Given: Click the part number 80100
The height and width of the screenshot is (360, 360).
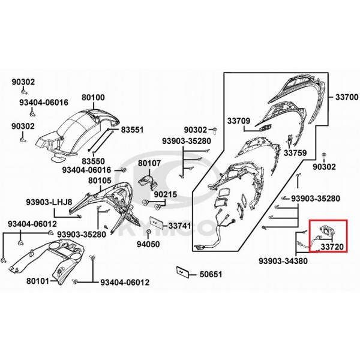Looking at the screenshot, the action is click(93, 97).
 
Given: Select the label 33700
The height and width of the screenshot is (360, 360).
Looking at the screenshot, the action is click(347, 97).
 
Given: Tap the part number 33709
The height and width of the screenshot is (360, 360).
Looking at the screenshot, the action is click(239, 121).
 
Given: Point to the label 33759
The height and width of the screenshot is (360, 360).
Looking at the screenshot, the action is click(295, 153).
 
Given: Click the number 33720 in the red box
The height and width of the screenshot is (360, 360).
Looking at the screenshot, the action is click(332, 247).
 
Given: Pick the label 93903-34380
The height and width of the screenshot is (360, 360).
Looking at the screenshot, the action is click(283, 261).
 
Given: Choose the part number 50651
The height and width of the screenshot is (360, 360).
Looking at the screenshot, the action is click(211, 274).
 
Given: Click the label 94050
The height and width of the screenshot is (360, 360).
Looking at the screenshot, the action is click(148, 244).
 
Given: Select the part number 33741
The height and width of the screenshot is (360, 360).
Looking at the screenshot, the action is click(180, 226).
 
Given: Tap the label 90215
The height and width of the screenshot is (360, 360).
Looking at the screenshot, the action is click(166, 194).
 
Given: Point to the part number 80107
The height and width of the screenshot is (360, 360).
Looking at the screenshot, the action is click(149, 163).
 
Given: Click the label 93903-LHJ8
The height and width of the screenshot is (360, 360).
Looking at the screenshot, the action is click(49, 202).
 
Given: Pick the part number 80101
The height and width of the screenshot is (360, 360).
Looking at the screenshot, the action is click(38, 281).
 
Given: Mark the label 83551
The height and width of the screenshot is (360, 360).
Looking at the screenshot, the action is click(132, 130).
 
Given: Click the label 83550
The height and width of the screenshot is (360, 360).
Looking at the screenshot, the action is click(93, 161).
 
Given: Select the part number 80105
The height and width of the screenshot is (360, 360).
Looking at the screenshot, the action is click(100, 181).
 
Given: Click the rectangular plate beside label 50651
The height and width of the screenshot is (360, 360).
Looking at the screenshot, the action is click(182, 272).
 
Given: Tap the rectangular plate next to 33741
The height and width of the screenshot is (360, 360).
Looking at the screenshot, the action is click(157, 223).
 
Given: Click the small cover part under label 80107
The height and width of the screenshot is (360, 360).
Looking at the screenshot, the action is click(148, 182).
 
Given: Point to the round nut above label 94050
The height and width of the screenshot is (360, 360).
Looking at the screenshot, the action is click(148, 231).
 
